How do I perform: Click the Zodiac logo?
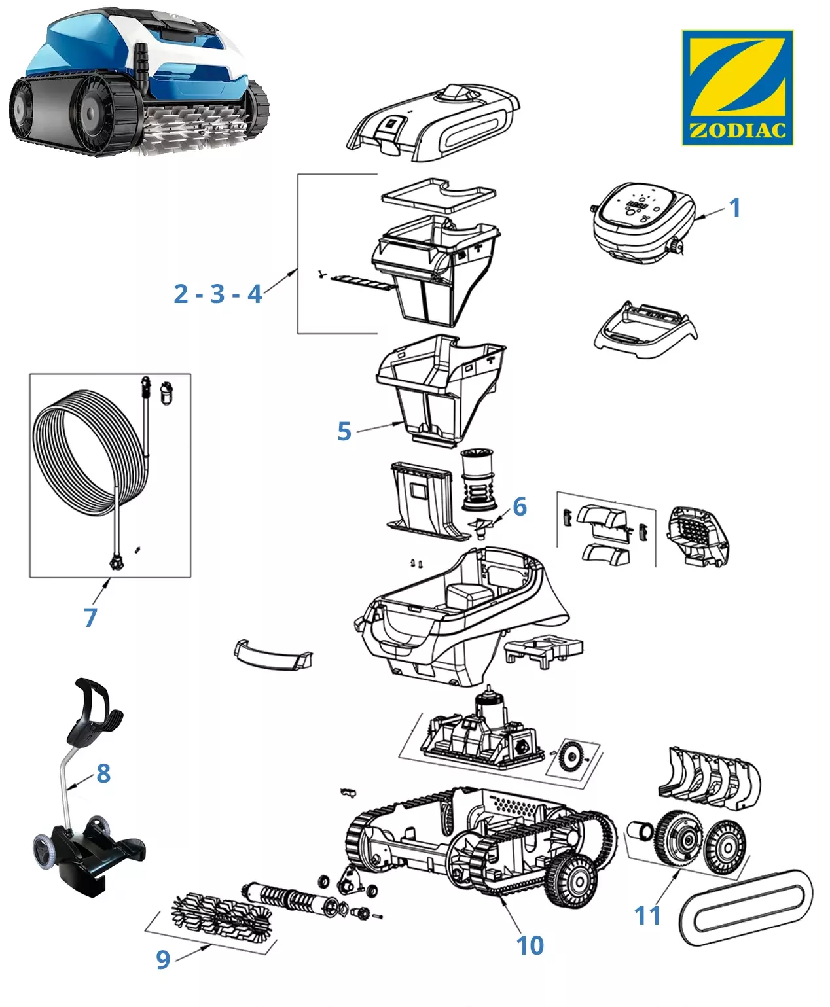click(x=737, y=87)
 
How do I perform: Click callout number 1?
click(x=734, y=207)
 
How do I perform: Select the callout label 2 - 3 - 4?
click(x=217, y=294)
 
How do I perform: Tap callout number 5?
click(x=344, y=431)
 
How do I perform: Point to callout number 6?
click(x=520, y=506)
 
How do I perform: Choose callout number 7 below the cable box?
click(x=90, y=616)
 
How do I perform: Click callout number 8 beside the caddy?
click(x=103, y=773)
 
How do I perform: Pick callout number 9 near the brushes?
click(x=163, y=959)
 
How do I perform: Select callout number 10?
click(x=530, y=945)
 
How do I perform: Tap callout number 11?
click(x=648, y=915)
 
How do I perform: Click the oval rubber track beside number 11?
click(x=745, y=909)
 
